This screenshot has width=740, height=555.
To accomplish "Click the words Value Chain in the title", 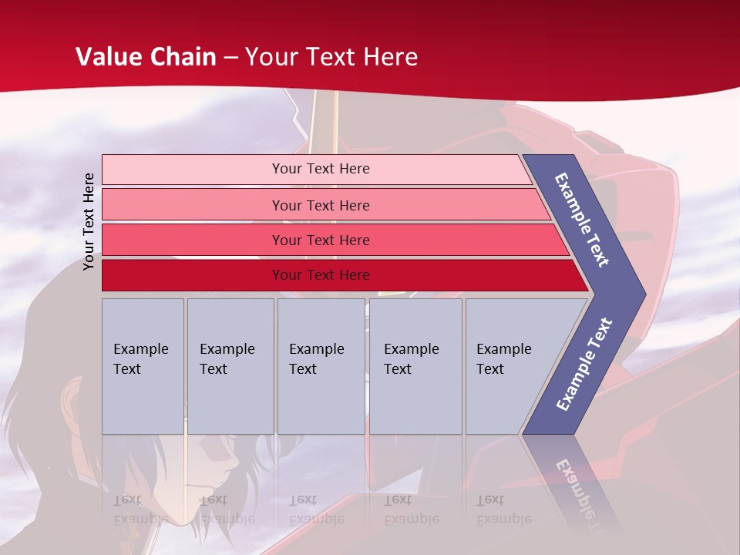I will [146, 56].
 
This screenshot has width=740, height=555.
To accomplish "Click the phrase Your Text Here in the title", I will [331, 56].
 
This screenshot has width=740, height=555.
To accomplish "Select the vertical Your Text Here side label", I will [89, 221].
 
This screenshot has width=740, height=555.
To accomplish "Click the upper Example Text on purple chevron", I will [582, 220].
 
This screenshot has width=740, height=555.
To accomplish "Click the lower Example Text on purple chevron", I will [584, 364].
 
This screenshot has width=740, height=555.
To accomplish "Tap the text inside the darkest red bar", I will [321, 275].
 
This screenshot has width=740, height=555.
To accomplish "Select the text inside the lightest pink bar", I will [321, 169].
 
